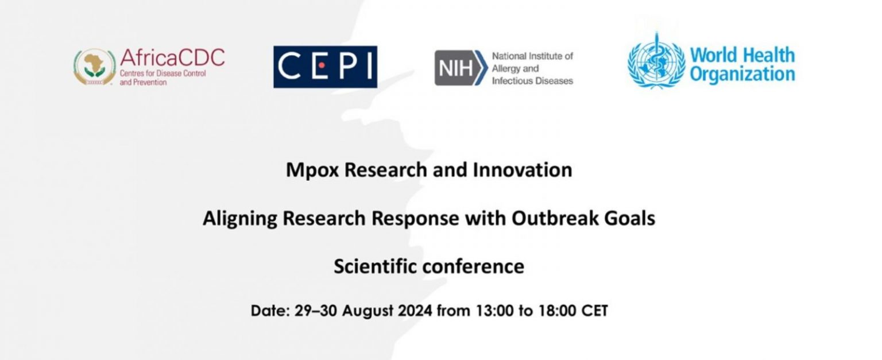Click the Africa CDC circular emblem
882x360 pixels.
point(95,67)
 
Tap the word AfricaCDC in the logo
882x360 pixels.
point(172,57)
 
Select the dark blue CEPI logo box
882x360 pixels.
point(325,67)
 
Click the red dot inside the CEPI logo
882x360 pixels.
point(322,65)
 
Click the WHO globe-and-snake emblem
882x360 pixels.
point(656,60)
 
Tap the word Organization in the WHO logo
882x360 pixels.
point(742,75)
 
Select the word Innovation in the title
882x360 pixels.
point(522,170)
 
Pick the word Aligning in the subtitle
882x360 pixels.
point(240,219)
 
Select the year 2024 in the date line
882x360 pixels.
point(415,311)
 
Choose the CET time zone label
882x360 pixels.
point(594,311)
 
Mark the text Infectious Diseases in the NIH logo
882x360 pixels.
point(532,81)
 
